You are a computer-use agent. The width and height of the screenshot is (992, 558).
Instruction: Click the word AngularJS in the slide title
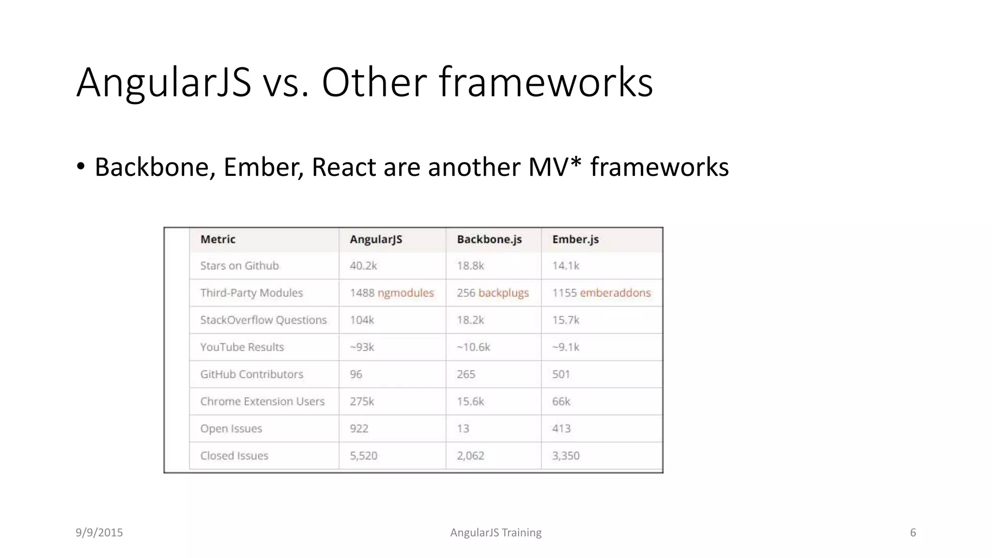(164, 82)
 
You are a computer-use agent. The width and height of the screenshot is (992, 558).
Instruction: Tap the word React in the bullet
(343, 167)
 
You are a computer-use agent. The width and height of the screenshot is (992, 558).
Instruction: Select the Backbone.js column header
(489, 239)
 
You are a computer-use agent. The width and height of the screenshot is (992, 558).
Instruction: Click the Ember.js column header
(575, 239)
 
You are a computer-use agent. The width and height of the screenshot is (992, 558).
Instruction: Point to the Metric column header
(218, 239)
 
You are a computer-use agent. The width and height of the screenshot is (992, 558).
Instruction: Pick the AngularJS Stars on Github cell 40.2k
(363, 265)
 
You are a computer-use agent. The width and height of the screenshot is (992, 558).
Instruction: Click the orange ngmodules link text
(405, 293)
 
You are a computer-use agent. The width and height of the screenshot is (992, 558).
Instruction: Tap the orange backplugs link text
(503, 293)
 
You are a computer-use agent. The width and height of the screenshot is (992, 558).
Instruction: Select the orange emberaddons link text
(615, 293)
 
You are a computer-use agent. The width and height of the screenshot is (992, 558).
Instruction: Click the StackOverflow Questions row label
(263, 320)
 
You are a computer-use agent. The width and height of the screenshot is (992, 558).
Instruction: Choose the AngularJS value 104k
(362, 320)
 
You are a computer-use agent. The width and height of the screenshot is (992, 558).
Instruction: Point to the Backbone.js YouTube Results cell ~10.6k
(473, 347)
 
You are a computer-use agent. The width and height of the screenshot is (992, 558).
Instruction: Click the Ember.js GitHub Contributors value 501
(561, 374)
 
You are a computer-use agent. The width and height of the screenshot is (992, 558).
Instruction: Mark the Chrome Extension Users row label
(263, 401)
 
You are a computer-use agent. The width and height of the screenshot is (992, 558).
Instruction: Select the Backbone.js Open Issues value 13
(463, 428)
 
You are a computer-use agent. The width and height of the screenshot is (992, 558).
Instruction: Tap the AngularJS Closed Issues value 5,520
(363, 455)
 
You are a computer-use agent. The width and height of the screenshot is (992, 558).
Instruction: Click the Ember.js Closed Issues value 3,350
(566, 455)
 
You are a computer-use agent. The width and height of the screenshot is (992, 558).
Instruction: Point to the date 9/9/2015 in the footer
(99, 532)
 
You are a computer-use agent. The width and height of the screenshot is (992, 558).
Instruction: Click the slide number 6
(913, 532)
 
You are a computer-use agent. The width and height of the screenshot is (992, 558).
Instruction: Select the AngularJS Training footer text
(496, 532)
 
